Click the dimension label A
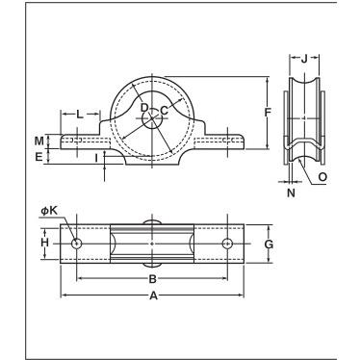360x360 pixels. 154,296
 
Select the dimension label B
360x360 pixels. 153,279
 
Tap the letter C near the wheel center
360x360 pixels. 164,111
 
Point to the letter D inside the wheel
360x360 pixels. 144,108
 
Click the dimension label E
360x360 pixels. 39,157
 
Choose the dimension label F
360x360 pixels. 268,113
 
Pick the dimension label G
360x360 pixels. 269,244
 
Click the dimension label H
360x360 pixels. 45,243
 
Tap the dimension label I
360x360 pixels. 96,157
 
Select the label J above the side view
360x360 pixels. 304,59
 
